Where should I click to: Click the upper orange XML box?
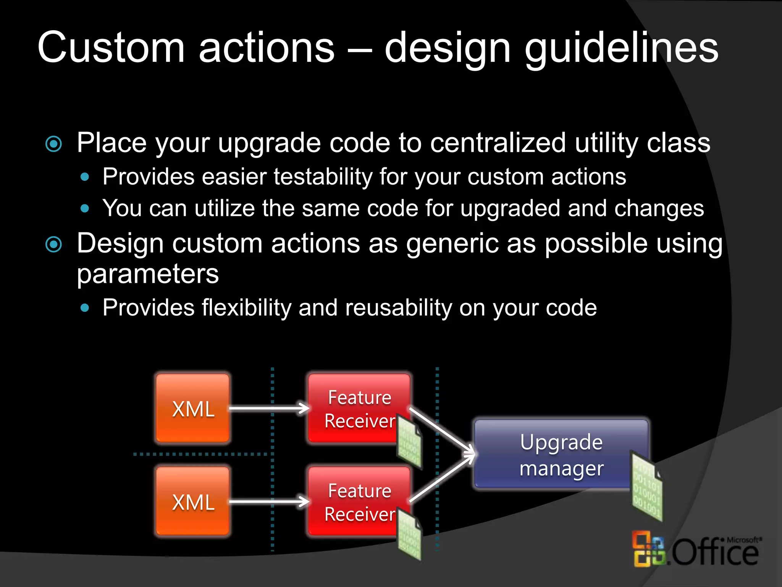point(193,408)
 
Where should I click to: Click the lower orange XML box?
point(193,501)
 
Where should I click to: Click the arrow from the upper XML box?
point(269,408)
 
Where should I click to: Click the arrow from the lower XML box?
point(269,501)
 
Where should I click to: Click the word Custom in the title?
point(111,48)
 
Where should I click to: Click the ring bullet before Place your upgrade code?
point(53,144)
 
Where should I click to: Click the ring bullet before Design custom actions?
point(53,245)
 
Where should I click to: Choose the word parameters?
point(148,274)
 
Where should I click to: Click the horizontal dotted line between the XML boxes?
point(200,454)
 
